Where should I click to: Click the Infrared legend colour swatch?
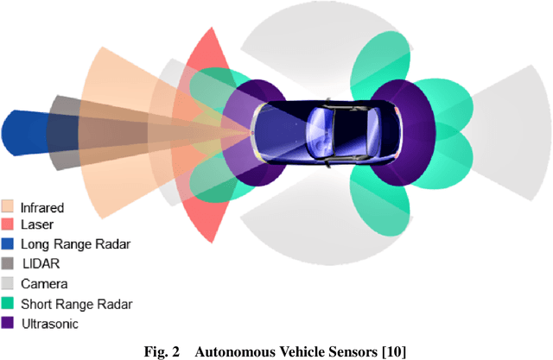(8, 207)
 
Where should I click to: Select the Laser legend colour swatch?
(8, 225)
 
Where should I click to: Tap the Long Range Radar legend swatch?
(8, 244)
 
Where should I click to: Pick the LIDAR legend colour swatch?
(8, 263)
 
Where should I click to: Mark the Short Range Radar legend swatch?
(8, 303)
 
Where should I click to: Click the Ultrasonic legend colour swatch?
(8, 322)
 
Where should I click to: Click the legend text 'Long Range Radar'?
(75, 244)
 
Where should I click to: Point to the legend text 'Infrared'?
(42, 207)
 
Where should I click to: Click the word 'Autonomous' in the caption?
(241, 351)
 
